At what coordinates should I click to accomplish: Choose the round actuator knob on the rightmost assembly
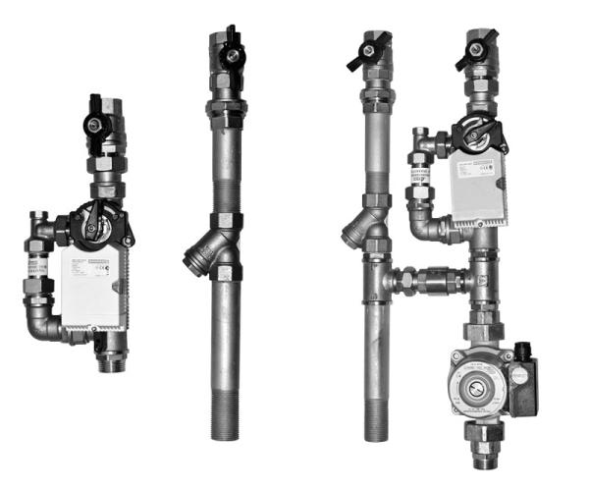pos(475,133)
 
